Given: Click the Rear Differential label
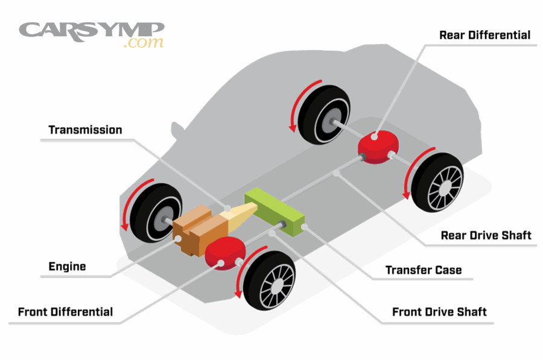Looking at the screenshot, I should (x=484, y=34).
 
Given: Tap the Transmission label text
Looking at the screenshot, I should (x=85, y=130).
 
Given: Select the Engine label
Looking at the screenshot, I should (x=67, y=267).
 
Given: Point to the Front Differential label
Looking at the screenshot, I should (x=65, y=312).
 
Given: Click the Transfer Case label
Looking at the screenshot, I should (x=424, y=270).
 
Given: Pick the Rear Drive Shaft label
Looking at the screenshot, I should (x=486, y=235).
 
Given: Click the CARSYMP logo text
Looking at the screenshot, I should (x=91, y=30).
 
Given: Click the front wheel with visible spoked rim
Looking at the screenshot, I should (x=271, y=279).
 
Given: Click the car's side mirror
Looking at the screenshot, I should (x=176, y=130).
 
